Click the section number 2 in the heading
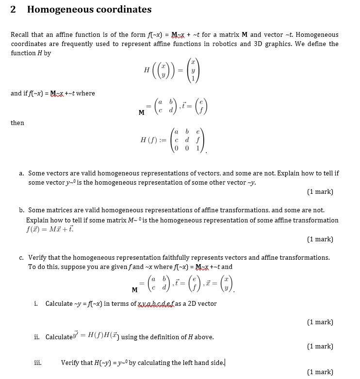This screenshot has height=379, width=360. [x=13, y=10]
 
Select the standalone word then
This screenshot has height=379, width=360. [x=17, y=123]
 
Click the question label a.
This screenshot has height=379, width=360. [x=22, y=173]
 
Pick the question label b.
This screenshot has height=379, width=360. [x=22, y=210]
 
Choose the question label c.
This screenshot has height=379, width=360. [x=22, y=258]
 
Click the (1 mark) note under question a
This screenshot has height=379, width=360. [x=320, y=192]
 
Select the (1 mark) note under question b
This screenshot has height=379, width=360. [x=320, y=239]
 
